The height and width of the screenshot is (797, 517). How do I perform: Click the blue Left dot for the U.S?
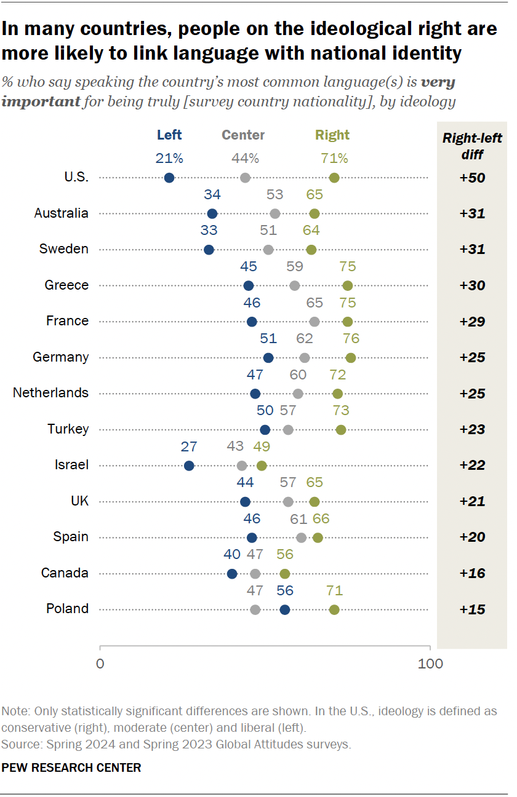pos(169,178)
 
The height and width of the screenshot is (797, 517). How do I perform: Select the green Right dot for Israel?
pos(262,466)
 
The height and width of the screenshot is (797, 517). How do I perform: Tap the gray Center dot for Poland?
pos(255,609)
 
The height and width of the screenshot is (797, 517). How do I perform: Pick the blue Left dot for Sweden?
pos(209,250)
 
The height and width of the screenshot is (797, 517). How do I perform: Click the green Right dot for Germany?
pos(351,358)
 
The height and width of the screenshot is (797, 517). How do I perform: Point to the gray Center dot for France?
pos(315,322)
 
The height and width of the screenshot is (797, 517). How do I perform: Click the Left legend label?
pos(169,135)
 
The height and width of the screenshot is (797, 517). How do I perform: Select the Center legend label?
pos(243,135)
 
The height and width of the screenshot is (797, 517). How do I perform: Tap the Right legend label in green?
pos(332,135)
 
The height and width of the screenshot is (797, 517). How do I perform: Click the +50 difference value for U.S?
pos(472,178)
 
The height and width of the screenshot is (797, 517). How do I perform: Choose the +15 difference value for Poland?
pos(472,609)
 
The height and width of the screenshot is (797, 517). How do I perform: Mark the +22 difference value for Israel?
pos(472,466)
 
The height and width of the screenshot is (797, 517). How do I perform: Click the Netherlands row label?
pos(50,393)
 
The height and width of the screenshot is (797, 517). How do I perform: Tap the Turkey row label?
pos(68,429)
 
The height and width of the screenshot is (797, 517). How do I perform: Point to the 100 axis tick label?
pos(430,664)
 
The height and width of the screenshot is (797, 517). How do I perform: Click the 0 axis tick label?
pos(100,664)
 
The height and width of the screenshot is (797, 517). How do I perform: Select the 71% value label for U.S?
pos(334,159)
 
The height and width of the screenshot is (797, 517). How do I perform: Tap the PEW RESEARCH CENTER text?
pos(71,767)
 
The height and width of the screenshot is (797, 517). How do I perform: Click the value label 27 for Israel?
pos(189,446)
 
